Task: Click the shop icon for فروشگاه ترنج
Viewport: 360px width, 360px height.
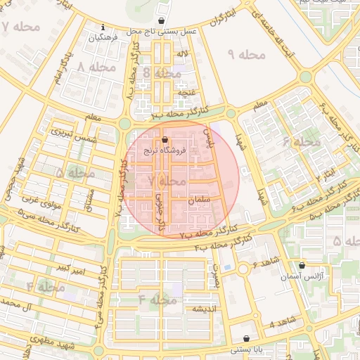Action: click(x=165, y=140)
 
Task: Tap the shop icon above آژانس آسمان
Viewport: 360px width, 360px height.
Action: click(x=302, y=266)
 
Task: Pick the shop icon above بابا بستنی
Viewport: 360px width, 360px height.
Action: click(x=246, y=338)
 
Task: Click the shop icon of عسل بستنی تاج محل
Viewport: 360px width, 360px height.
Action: click(x=163, y=21)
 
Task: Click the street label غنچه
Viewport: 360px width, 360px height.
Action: click(x=186, y=92)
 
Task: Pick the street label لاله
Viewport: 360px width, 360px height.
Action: click(x=182, y=53)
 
